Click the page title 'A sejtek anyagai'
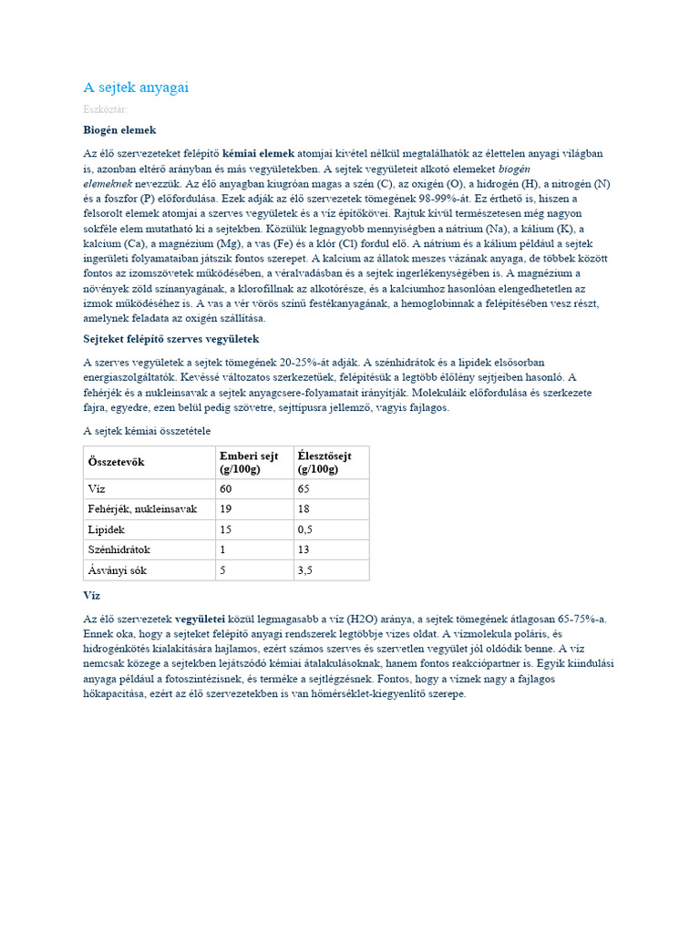pyautogui.click(x=136, y=87)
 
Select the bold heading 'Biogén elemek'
pyautogui.click(x=119, y=130)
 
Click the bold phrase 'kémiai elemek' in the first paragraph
pyautogui.click(x=259, y=154)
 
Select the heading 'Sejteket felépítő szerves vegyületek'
pyautogui.click(x=171, y=339)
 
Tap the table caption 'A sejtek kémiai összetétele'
pyautogui.click(x=147, y=430)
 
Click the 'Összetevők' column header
pyautogui.click(x=116, y=462)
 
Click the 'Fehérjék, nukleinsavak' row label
pyautogui.click(x=142, y=508)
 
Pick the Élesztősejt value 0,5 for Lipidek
pyautogui.click(x=306, y=529)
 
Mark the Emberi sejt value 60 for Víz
pyautogui.click(x=226, y=488)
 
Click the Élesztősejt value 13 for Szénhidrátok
pyautogui.click(x=304, y=549)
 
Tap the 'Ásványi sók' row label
pyautogui.click(x=117, y=570)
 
